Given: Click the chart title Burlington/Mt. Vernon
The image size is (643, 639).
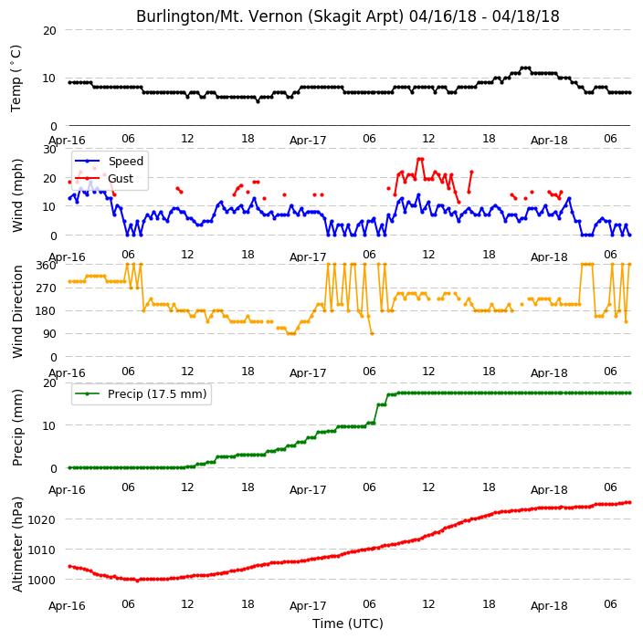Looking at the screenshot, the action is pyautogui.click(x=347, y=16).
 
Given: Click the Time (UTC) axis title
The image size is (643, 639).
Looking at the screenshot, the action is pyautogui.click(x=348, y=623).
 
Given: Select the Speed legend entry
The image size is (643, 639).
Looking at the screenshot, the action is pyautogui.click(x=109, y=161).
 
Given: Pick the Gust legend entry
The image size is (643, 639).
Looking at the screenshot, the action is pyautogui.click(x=104, y=178).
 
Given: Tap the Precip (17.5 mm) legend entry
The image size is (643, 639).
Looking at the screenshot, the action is pyautogui.click(x=141, y=393).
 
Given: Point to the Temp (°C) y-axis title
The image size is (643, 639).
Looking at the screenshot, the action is pyautogui.click(x=16, y=79).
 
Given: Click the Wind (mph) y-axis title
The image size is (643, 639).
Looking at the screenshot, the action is pyautogui.click(x=17, y=195).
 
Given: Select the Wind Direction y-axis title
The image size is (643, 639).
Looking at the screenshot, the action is pyautogui.click(x=17, y=311).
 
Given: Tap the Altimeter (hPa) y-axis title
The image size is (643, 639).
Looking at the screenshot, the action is pyautogui.click(x=17, y=544).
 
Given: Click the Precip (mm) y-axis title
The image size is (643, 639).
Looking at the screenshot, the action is pyautogui.click(x=17, y=427).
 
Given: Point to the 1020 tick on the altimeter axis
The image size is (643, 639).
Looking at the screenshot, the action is pyautogui.click(x=41, y=520).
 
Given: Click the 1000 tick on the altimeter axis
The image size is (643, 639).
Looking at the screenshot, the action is pyautogui.click(x=41, y=581).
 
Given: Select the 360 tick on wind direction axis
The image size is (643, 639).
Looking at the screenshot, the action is pyautogui.click(x=47, y=266).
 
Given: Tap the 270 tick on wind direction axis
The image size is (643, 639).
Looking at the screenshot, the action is pyautogui.click(x=47, y=288).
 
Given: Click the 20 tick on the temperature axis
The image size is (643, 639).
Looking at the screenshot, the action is pyautogui.click(x=49, y=31).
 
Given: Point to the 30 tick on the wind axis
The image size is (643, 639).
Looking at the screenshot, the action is pyautogui.click(x=49, y=149).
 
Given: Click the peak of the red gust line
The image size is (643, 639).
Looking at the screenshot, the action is pyautogui.click(x=420, y=159).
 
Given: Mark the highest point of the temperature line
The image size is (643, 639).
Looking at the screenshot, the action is pyautogui.click(x=525, y=68).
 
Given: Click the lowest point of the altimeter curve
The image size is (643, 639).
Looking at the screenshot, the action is pyautogui.click(x=137, y=581).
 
